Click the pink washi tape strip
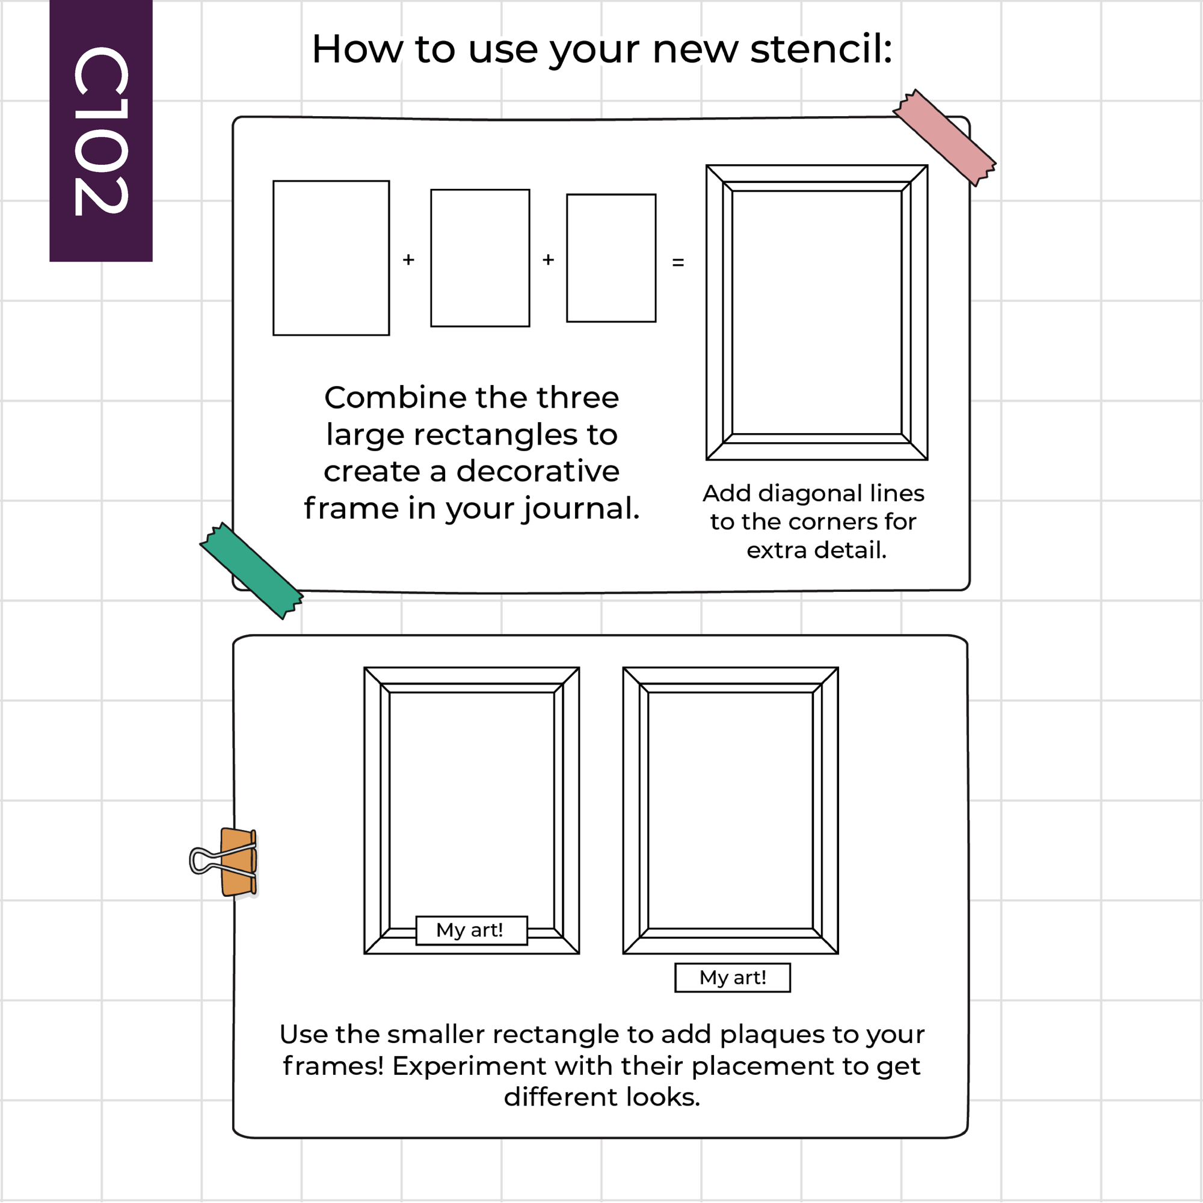pyautogui.click(x=944, y=138)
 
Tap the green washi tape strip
pyautogui.click(x=251, y=570)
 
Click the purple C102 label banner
pyautogui.click(x=101, y=131)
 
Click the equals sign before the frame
pyautogui.click(x=678, y=263)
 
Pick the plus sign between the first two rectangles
pyautogui.click(x=408, y=259)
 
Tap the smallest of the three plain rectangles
pyautogui.click(x=611, y=258)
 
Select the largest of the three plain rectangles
pyautogui.click(x=331, y=258)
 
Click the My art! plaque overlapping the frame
pyautogui.click(x=472, y=931)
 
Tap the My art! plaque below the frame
pyautogui.click(x=733, y=977)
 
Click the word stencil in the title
pyautogui.click(x=821, y=49)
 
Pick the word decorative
pyautogui.click(x=538, y=471)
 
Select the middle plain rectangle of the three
pyautogui.click(x=480, y=258)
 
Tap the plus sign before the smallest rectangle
pyautogui.click(x=548, y=259)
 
